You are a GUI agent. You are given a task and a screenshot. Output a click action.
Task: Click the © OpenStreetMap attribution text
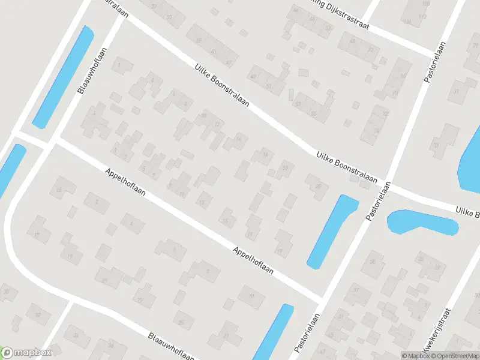pos(454,356)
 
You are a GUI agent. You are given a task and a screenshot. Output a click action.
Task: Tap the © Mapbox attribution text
pos(416,356)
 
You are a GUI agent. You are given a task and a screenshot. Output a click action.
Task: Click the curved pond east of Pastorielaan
pos(422,223)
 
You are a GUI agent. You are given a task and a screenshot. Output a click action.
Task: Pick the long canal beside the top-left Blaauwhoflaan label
pos(63,77)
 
